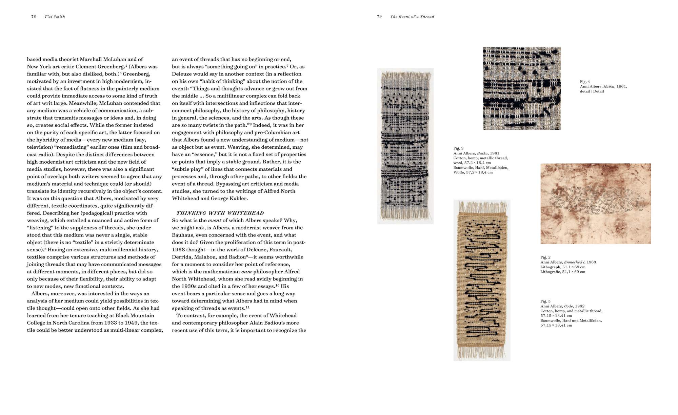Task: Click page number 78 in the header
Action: click(x=34, y=16)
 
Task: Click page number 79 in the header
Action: click(x=379, y=16)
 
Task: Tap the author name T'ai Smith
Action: click(x=55, y=16)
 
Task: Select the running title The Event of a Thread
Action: click(x=412, y=16)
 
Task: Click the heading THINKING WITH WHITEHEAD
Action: click(x=220, y=213)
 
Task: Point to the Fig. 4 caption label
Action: click(x=585, y=82)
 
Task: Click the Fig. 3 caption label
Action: click(x=458, y=148)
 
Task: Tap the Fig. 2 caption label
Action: click(x=545, y=257)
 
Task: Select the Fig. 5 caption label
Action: click(x=545, y=301)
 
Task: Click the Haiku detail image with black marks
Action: click(x=522, y=88)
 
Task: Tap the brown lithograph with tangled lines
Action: click(x=595, y=204)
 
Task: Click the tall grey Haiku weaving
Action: click(x=405, y=146)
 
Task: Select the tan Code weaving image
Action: click(x=482, y=280)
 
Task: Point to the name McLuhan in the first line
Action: click(x=114, y=59)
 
